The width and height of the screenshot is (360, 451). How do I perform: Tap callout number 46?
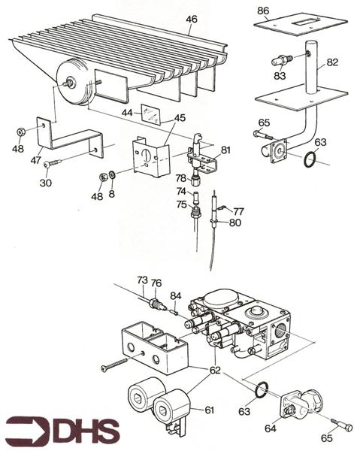click(x=192, y=20)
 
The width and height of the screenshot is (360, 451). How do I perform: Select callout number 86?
click(x=263, y=11)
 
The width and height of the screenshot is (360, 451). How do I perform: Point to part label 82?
click(x=332, y=62)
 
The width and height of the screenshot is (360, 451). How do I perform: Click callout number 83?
click(x=280, y=76)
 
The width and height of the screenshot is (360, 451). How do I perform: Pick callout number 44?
click(x=127, y=113)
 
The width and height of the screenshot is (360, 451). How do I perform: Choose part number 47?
click(x=36, y=160)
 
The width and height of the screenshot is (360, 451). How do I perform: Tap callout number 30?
click(x=45, y=183)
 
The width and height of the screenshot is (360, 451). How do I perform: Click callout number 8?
click(x=111, y=194)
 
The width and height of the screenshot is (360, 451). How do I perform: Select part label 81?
click(x=226, y=150)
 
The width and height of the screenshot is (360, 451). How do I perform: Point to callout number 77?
click(x=239, y=212)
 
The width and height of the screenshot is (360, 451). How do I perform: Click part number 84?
click(x=176, y=295)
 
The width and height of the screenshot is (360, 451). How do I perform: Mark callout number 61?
click(x=209, y=410)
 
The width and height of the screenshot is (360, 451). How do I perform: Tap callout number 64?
click(x=271, y=428)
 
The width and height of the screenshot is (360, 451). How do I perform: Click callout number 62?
click(x=215, y=370)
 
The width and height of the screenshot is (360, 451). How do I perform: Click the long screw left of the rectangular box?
click(x=114, y=364)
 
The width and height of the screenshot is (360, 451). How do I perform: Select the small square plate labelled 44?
click(x=150, y=114)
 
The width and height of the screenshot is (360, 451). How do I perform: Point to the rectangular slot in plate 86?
click(x=304, y=22)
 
